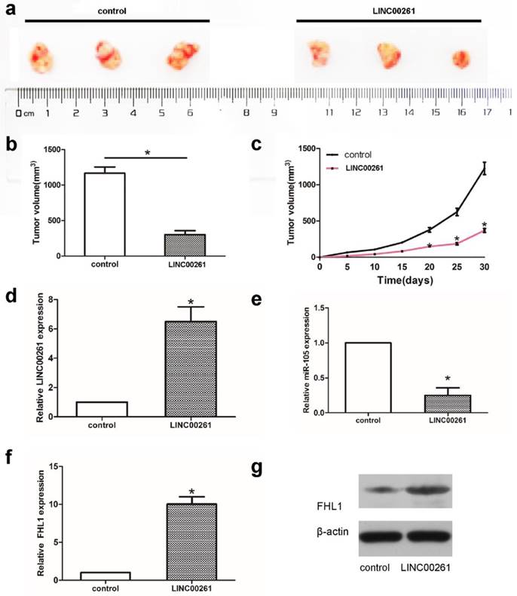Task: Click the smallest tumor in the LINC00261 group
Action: (460, 59)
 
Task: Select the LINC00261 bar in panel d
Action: (184, 368)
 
